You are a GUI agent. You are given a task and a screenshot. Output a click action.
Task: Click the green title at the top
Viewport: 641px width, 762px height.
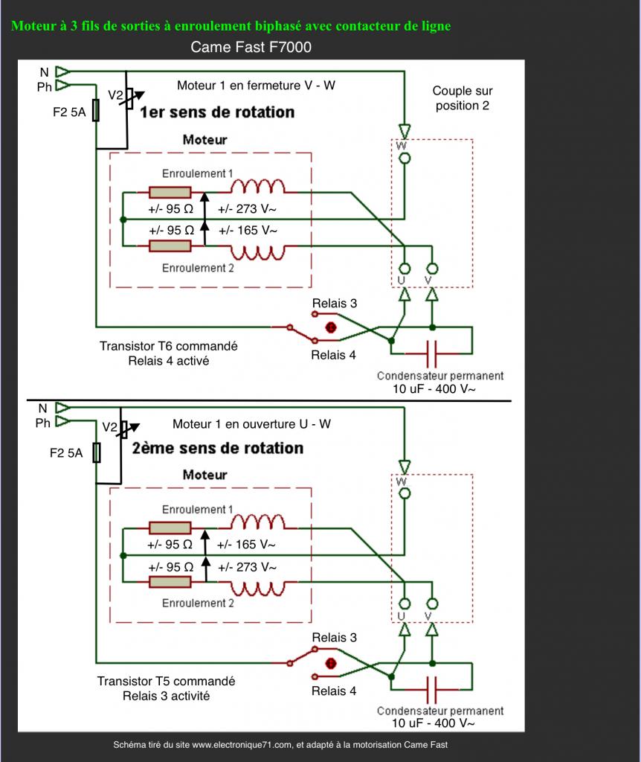(x=231, y=26)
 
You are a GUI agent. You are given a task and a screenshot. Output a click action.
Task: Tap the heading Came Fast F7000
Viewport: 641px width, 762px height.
(x=251, y=47)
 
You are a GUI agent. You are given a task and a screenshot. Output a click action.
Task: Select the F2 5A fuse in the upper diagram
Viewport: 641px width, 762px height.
(x=96, y=110)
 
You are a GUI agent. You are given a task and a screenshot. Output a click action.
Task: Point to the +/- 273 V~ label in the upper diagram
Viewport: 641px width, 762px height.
(x=247, y=209)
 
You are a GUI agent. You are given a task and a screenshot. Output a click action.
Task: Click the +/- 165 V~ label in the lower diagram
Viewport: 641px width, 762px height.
(x=246, y=545)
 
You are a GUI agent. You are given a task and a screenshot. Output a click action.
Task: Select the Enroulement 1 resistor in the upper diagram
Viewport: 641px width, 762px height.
(x=170, y=193)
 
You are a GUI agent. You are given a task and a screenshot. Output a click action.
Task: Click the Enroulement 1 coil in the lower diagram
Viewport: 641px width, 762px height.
(x=257, y=522)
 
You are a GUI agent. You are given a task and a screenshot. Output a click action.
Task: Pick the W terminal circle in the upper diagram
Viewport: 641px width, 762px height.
(x=404, y=159)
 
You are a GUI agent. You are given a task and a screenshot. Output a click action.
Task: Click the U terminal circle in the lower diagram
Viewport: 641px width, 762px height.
(x=404, y=604)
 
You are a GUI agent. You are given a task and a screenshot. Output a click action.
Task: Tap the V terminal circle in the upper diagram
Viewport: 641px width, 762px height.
(x=432, y=269)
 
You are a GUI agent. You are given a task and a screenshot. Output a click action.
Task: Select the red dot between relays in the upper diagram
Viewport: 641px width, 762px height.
(x=331, y=327)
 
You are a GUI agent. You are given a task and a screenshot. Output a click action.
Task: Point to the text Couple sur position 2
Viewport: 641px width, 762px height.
(x=463, y=98)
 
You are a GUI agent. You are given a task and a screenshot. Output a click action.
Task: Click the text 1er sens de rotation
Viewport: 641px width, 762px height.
(x=217, y=112)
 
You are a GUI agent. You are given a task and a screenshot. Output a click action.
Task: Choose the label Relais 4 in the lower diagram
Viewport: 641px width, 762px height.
(x=334, y=691)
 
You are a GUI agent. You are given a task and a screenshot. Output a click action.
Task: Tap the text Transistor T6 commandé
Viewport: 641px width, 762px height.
(x=169, y=346)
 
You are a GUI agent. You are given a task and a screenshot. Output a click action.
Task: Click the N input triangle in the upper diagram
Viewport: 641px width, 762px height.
(x=62, y=72)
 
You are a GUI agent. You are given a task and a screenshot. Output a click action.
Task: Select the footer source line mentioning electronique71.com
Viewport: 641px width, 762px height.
(x=280, y=744)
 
